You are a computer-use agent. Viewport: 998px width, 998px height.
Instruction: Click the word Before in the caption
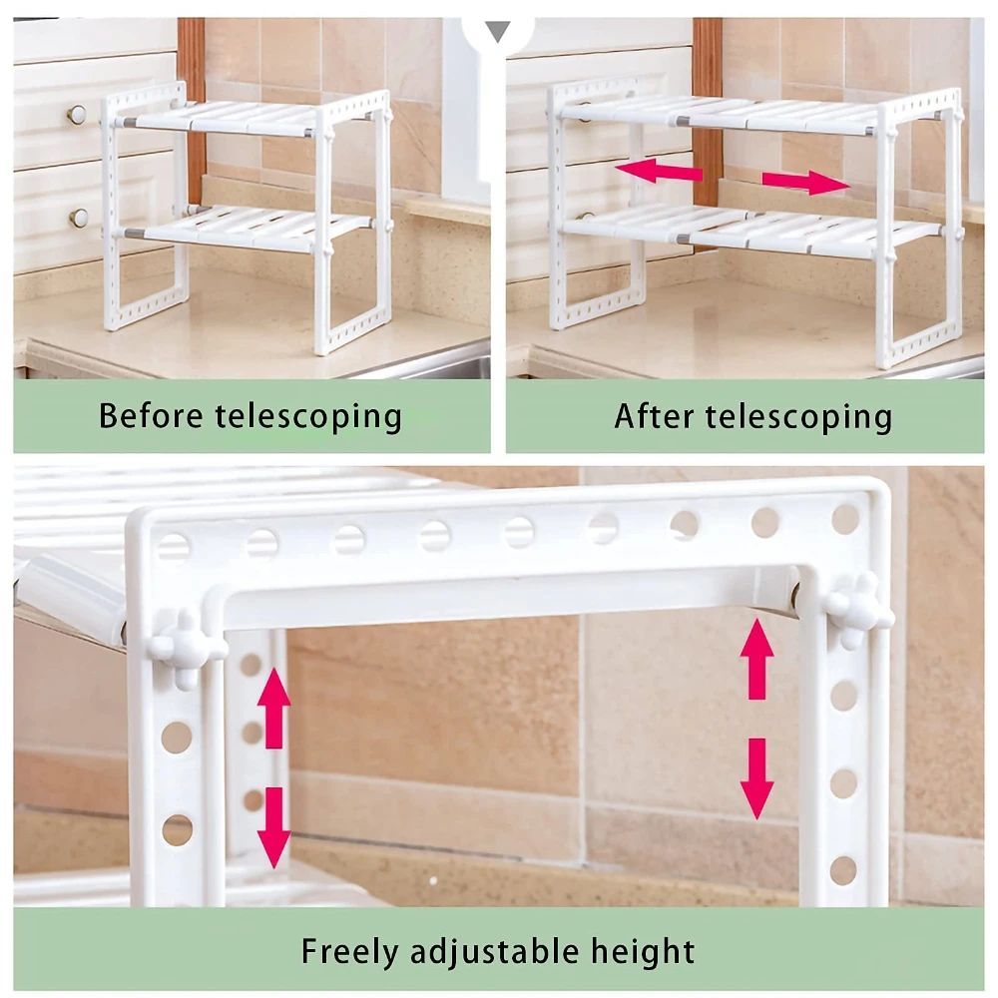(151, 415)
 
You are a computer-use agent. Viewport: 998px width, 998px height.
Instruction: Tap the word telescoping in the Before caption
(308, 417)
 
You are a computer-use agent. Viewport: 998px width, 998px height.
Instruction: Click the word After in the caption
(654, 416)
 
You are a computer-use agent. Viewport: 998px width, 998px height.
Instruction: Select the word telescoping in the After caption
(798, 417)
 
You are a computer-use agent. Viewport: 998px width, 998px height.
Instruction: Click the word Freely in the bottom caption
(349, 952)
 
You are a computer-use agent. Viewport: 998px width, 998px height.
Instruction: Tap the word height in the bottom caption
(643, 952)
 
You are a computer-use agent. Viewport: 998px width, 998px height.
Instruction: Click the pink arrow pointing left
(659, 171)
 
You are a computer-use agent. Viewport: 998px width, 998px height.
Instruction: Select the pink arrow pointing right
(806, 182)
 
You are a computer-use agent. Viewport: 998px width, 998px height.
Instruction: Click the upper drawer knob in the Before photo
(77, 115)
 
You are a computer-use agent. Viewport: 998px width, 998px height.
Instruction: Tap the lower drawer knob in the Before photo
(78, 218)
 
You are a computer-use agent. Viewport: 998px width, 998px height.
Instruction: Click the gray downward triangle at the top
(498, 31)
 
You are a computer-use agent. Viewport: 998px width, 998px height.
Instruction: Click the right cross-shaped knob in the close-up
(858, 611)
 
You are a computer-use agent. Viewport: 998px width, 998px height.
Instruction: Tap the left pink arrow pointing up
(273, 708)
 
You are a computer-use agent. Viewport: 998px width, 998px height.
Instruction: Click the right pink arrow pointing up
(756, 660)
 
